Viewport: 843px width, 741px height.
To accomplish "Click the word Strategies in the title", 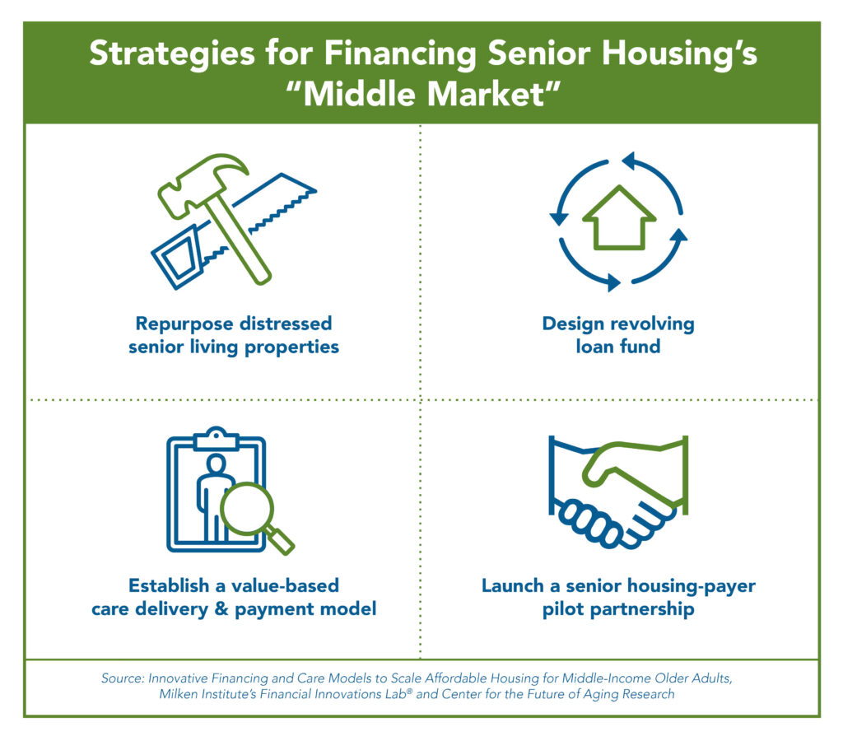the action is pyautogui.click(x=172, y=55).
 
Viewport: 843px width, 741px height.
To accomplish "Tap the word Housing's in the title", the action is pyautogui.click(x=679, y=54).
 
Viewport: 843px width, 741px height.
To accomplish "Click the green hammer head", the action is pyautogui.click(x=202, y=183).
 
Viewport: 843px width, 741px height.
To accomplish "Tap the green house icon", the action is pyautogui.click(x=619, y=218).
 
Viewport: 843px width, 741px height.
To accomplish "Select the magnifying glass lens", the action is pyautogui.click(x=247, y=509).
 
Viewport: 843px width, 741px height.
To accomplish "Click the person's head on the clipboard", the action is pyautogui.click(x=217, y=464).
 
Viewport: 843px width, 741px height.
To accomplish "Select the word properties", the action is pyautogui.click(x=292, y=347).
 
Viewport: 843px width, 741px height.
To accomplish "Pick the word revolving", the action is pyautogui.click(x=653, y=324).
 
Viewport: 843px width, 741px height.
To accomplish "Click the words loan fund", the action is pyautogui.click(x=618, y=347).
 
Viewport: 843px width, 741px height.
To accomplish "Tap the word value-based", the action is pyautogui.click(x=285, y=585).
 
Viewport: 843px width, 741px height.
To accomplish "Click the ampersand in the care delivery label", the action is pyautogui.click(x=221, y=609).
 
